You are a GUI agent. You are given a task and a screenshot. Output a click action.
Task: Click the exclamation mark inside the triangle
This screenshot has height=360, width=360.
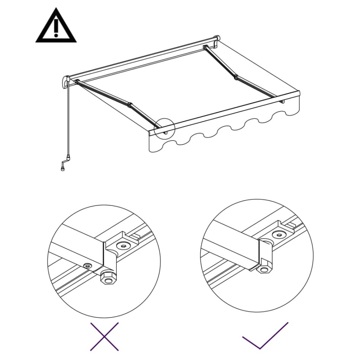click(56, 28)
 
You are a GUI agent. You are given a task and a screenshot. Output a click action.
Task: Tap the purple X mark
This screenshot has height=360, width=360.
click(104, 336)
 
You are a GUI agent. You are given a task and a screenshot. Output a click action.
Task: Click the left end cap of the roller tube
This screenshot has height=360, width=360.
click(65, 82)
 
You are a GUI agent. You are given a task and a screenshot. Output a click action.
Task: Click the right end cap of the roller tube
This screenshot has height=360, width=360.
click(217, 41)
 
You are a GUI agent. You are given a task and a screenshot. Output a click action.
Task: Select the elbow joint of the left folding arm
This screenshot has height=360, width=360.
click(130, 104)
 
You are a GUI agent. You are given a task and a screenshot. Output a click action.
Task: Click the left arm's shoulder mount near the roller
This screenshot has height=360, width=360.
click(77, 82)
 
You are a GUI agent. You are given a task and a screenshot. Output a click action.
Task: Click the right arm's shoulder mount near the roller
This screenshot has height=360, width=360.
click(206, 48)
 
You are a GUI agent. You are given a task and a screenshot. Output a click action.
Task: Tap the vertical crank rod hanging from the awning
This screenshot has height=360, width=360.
click(69, 122)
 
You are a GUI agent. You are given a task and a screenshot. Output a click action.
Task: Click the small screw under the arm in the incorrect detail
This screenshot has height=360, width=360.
click(88, 265)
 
